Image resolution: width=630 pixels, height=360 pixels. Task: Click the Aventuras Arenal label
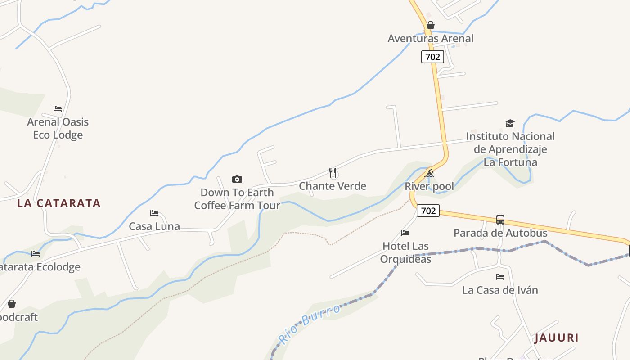pos(430,39)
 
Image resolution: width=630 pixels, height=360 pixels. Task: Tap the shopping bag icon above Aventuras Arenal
pos(431,25)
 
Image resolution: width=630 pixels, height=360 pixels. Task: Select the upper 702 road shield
pos(432,57)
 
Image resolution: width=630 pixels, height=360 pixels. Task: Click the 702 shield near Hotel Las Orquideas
pos(427,211)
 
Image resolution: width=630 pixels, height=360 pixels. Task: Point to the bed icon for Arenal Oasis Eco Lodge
pos(58,109)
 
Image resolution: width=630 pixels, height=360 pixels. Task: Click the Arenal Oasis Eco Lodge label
pos(58,128)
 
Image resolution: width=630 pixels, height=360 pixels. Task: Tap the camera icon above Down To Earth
pos(237,180)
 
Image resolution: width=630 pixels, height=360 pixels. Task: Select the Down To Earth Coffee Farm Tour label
pos(237,199)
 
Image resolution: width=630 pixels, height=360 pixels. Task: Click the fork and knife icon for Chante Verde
pos(333,173)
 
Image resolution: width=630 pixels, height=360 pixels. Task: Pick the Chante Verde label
pos(333,186)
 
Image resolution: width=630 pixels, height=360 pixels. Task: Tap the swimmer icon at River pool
pos(430,174)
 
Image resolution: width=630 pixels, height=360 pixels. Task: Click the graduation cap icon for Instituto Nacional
pos(510,124)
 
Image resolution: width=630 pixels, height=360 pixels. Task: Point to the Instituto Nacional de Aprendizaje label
pos(510,149)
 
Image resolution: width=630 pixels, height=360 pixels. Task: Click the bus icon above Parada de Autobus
pos(500,220)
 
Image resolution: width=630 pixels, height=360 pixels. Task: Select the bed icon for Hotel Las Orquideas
pos(405,233)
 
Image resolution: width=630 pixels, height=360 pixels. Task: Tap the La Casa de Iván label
pos(500,290)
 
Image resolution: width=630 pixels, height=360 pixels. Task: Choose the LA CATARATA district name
pos(59,203)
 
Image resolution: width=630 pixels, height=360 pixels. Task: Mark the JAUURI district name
pos(556,338)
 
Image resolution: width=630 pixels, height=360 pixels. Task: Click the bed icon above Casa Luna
pos(154,213)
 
